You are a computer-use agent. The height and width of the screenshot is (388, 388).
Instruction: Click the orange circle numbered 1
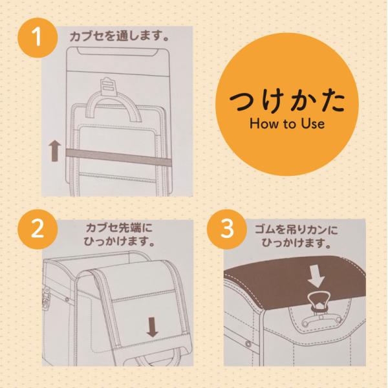pyautogui.click(x=38, y=38)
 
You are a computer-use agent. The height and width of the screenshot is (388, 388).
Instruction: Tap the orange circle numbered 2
pyautogui.click(x=38, y=229)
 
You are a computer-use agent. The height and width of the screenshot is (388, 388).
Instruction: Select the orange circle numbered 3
pyautogui.click(x=227, y=229)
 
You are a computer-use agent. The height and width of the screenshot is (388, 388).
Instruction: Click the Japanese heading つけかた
pyautogui.click(x=287, y=102)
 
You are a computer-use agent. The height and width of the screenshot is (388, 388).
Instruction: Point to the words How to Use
pyautogui.click(x=287, y=124)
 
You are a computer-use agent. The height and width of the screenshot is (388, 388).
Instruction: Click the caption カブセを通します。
pyautogui.click(x=119, y=36)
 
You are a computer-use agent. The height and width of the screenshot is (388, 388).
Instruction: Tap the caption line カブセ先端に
pyautogui.click(x=119, y=228)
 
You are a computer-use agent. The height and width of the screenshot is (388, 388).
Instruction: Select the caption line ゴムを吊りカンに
pyautogui.click(x=296, y=230)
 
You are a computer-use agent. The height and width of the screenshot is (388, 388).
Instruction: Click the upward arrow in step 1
pyautogui.click(x=55, y=151)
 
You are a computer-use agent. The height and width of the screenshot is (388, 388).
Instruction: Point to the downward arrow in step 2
pyautogui.click(x=152, y=327)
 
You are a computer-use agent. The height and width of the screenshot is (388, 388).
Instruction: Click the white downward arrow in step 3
pyautogui.click(x=316, y=277)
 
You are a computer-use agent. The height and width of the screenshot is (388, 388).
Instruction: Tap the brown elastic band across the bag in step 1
pyautogui.click(x=118, y=156)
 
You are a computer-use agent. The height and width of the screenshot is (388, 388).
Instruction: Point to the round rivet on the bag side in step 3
pyautogui.click(x=248, y=344)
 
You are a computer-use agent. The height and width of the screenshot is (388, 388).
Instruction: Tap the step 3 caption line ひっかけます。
pyautogui.click(x=296, y=243)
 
